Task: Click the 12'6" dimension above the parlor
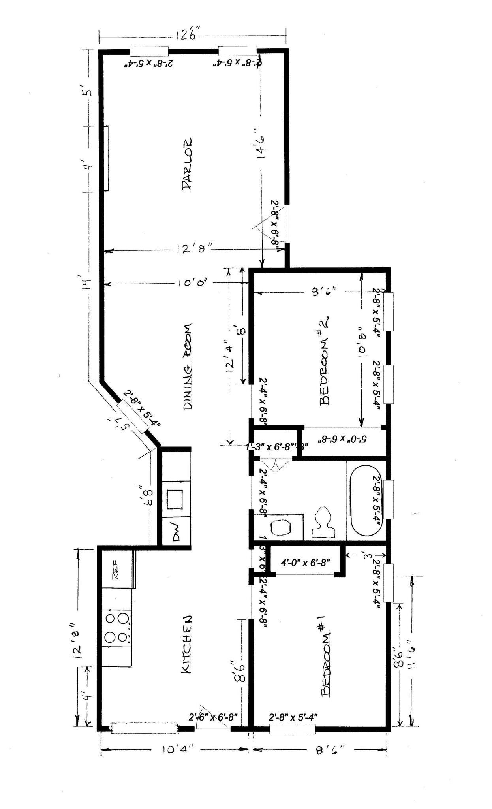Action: (x=186, y=35)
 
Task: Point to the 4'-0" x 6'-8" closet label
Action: (x=305, y=562)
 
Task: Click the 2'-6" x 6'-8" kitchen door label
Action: (x=213, y=717)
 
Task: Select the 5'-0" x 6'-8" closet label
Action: (x=344, y=439)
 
